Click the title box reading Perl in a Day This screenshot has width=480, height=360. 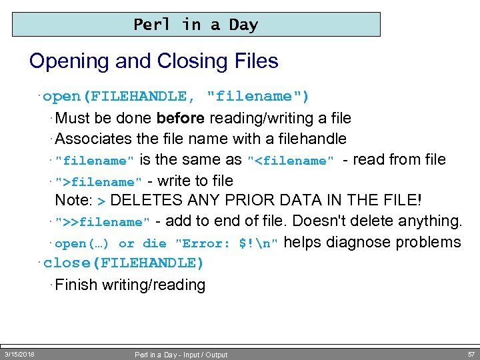coord(196,25)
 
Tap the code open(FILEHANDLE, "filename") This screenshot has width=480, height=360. coord(176,97)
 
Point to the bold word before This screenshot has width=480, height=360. coord(181,119)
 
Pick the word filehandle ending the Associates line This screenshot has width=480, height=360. coord(312,139)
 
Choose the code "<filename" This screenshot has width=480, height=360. coord(290,161)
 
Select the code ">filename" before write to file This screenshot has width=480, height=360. coord(99,181)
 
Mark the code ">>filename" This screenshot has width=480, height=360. coord(103,222)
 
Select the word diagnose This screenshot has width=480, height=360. coord(361,243)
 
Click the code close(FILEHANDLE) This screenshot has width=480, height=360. coord(123,263)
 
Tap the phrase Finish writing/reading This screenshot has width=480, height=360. coord(130,285)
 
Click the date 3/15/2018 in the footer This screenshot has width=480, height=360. coord(19,354)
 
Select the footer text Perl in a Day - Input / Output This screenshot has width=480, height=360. coord(181,355)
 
